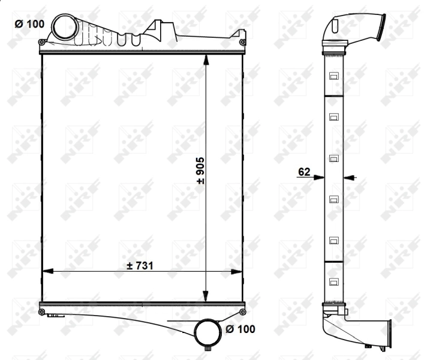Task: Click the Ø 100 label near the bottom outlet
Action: [x=240, y=329]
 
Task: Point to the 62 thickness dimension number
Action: [x=303, y=172]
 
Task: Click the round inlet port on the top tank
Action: [x=63, y=27]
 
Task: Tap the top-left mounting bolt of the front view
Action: [x=41, y=42]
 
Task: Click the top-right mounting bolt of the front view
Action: [x=242, y=42]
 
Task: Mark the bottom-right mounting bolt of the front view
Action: [x=242, y=312]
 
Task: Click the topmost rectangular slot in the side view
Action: [x=333, y=76]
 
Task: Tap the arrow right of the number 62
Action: [x=350, y=178]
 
